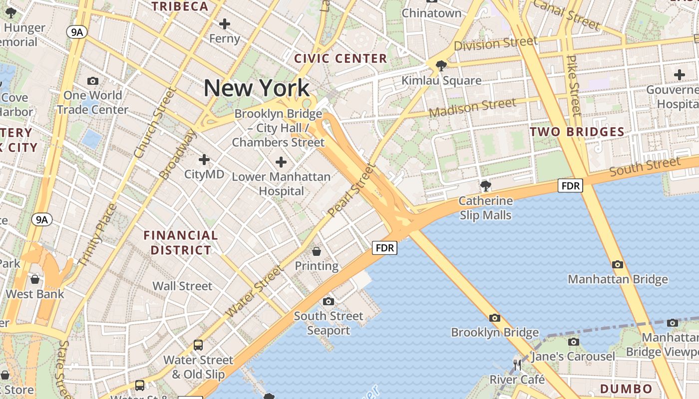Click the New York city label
point(257,88)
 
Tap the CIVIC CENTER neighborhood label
point(341,58)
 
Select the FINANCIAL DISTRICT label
point(181,242)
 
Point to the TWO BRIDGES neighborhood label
point(577,132)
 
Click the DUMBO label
point(626,389)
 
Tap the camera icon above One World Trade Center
point(92,81)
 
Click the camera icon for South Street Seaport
point(328,301)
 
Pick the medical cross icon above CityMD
point(204,160)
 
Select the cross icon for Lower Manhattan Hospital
point(281,162)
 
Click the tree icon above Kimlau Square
point(441,65)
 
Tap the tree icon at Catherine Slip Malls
point(485,186)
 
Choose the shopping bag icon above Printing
point(316,251)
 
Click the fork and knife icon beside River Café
point(517,365)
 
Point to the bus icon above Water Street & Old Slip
point(198,345)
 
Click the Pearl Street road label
point(351,190)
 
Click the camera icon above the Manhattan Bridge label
point(618,264)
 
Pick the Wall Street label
point(182,286)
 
